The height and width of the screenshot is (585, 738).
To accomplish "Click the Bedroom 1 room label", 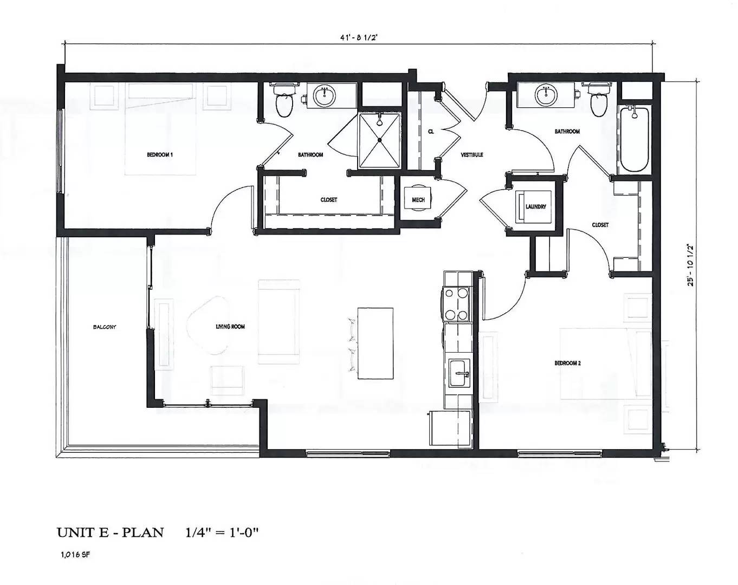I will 159,155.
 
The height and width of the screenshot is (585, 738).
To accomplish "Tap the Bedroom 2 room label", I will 567,363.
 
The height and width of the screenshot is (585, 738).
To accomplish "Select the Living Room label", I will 230,327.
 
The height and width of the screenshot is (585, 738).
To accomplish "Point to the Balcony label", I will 105,327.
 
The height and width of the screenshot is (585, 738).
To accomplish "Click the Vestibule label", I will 471,155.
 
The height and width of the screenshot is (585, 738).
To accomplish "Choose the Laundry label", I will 535,207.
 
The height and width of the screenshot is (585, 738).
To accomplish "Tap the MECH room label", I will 418,200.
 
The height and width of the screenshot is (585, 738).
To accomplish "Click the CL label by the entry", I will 431,132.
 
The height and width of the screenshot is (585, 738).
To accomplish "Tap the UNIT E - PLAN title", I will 110,532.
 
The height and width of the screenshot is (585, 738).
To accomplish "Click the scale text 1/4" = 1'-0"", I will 222,532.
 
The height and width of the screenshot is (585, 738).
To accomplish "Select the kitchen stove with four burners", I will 456,304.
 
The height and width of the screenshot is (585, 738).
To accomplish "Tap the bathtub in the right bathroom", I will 634,138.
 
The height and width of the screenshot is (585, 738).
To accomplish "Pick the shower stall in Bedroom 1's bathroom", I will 379,140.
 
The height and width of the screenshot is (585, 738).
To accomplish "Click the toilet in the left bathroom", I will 284,101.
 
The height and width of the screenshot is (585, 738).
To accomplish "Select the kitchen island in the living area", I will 375,344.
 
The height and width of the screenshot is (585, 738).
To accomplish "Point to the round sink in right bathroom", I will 546,95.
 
